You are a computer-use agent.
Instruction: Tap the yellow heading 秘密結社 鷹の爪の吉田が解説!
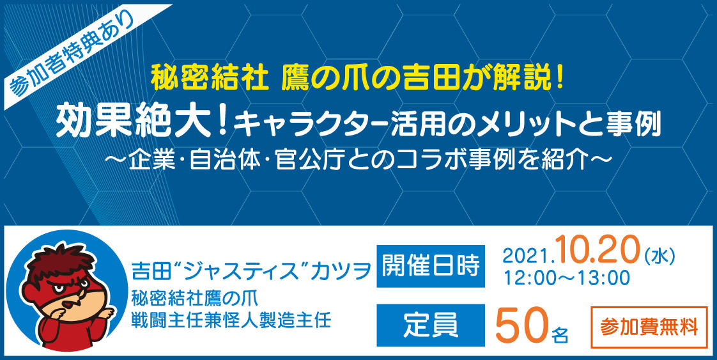[x=358, y=79]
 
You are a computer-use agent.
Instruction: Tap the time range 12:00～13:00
[x=567, y=277]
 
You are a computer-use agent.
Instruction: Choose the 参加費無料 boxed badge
[x=649, y=327]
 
